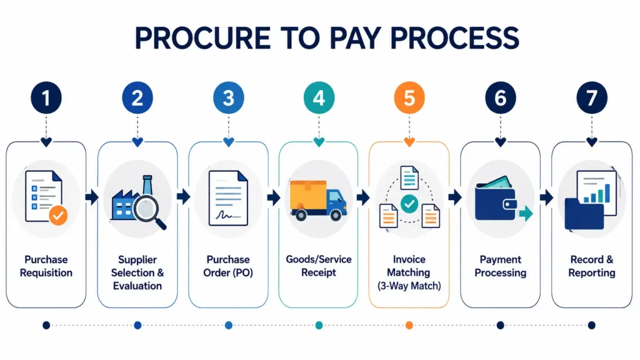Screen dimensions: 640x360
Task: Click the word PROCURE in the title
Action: click(202, 38)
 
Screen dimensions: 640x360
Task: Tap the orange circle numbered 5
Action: click(409, 98)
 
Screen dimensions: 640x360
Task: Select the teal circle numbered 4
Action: click(319, 98)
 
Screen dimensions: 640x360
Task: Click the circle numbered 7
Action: click(591, 98)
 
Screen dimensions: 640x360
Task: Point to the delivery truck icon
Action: click(318, 200)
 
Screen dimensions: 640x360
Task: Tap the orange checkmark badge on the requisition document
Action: click(58, 215)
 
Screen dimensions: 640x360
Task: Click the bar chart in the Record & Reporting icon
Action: click(597, 194)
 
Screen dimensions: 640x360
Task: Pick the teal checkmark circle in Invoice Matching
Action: click(409, 203)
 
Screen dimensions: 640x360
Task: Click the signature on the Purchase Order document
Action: click(224, 214)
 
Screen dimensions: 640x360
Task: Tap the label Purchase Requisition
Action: click(46, 266)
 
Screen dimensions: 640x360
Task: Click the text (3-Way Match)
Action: click(409, 286)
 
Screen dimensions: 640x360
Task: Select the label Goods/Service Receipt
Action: click(318, 266)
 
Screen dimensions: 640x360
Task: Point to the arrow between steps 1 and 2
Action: click(92, 197)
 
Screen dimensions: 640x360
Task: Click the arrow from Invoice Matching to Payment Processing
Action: click(455, 197)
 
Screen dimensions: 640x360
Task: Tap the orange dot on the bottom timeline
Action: click(409, 325)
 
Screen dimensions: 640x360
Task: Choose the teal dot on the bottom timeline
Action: click(319, 325)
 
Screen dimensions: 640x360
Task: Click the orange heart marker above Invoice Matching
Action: click(409, 142)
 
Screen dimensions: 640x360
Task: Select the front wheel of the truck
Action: click(336, 215)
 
